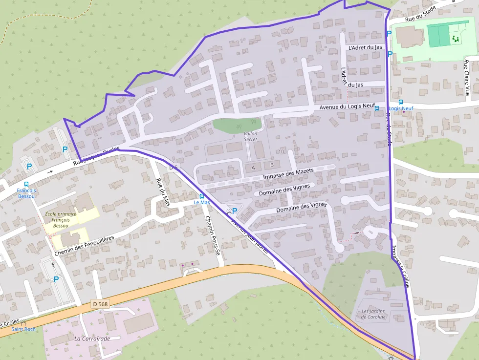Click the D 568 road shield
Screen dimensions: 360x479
tap(100, 304)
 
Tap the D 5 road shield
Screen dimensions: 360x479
tap(174, 168)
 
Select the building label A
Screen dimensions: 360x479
tap(253, 168)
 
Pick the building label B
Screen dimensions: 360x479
tap(272, 165)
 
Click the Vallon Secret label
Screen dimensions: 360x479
tap(250, 136)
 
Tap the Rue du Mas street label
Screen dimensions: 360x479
tap(163, 192)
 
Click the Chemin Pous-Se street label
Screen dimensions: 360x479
tap(214, 235)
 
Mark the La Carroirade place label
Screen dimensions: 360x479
tap(92, 338)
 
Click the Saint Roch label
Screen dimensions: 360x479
tap(23, 329)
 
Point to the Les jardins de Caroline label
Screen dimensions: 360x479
tap(373, 314)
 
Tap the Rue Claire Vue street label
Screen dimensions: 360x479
tap(467, 77)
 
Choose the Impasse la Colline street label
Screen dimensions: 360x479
tap(400, 266)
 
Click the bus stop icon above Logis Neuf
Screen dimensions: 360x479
tap(401, 102)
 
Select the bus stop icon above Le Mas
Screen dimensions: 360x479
tap(202, 196)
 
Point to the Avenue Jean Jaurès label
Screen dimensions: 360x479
tap(250, 236)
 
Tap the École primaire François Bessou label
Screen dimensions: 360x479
tap(61, 220)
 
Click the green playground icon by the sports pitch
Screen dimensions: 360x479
tap(456, 39)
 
